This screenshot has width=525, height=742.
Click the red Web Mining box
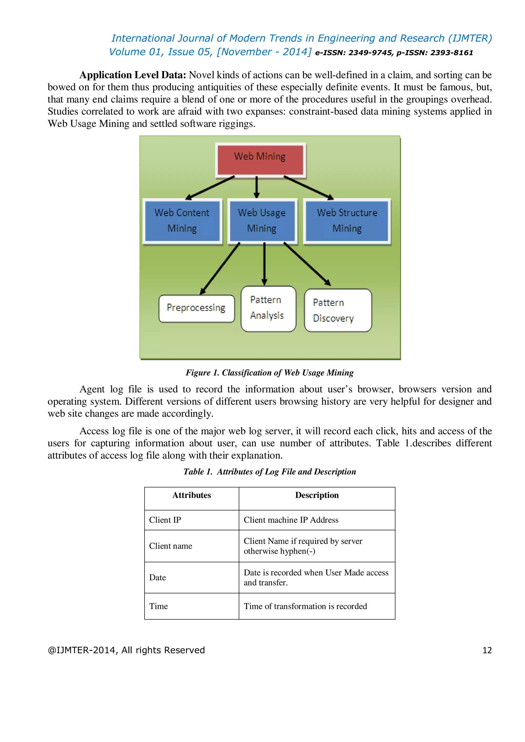tap(260, 160)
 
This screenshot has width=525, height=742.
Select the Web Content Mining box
tap(182, 221)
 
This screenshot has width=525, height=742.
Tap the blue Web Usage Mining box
tap(262, 221)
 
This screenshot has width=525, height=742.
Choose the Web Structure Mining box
tap(347, 221)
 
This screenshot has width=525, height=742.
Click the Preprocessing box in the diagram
tap(196, 308)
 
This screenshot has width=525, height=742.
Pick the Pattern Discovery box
tap(338, 310)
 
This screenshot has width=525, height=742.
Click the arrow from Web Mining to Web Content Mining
tap(210, 188)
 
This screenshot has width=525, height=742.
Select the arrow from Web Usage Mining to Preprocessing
tap(220, 268)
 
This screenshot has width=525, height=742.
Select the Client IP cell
tap(165, 520)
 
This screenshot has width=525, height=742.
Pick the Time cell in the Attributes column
tap(159, 606)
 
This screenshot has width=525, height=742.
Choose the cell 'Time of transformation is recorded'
tap(305, 606)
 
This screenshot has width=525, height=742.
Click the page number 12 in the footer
tap(487, 650)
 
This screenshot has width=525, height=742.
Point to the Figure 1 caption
tap(270, 373)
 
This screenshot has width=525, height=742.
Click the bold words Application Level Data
tap(133, 75)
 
